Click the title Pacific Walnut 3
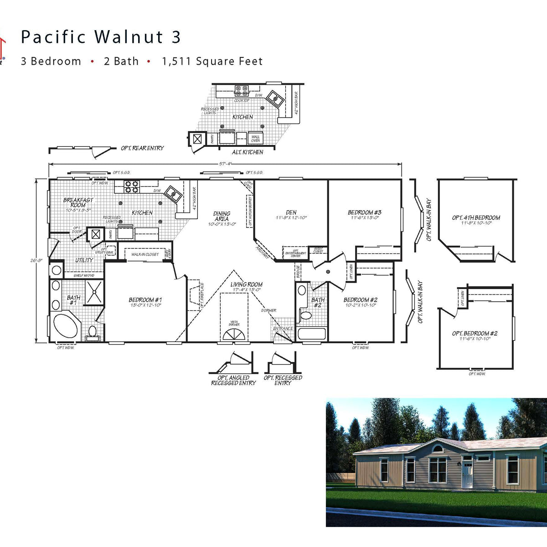coord(101,37)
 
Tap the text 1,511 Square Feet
coord(212,61)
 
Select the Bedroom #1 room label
coord(145,300)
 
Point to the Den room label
coord(291,212)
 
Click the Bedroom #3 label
coord(364,212)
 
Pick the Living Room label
coord(246,284)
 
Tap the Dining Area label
coord(222,216)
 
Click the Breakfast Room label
coord(78,202)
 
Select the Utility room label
coord(84,260)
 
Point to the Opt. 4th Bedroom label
coord(476,218)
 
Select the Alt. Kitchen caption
coord(248,152)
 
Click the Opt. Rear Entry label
coord(142,148)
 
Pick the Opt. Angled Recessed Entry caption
coord(233,380)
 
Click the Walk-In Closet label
coord(145,254)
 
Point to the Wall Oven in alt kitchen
coord(255,138)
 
